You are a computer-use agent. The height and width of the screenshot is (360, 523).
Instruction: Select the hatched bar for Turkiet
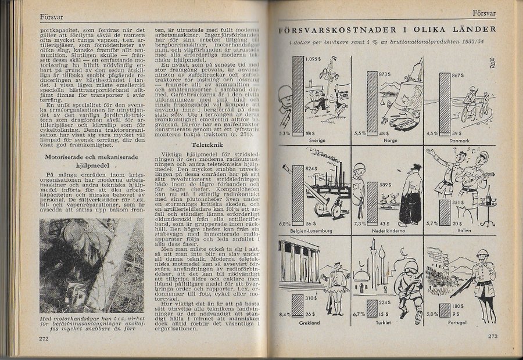(370, 305)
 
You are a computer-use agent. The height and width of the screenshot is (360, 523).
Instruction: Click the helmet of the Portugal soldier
(482, 254)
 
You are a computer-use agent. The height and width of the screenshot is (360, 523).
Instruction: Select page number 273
(493, 336)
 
